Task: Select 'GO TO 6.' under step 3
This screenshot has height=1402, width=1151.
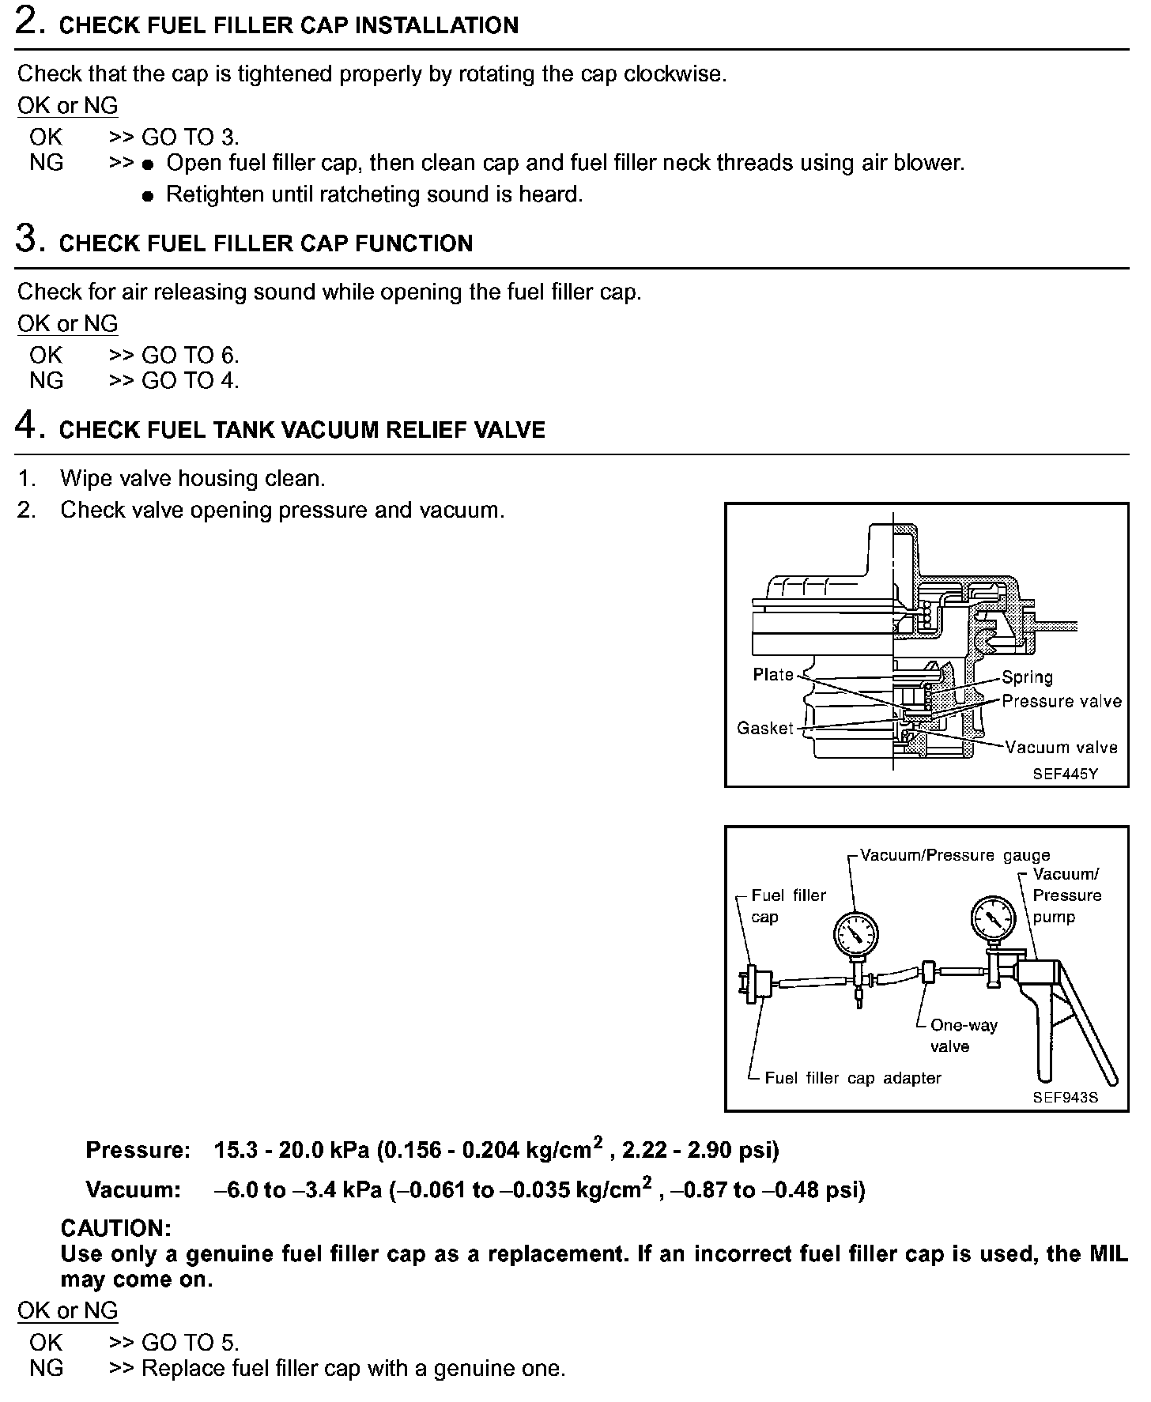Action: [x=190, y=355]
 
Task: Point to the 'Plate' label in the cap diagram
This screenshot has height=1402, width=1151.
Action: [x=773, y=674]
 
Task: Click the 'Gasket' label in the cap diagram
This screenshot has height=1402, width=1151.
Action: [x=764, y=728]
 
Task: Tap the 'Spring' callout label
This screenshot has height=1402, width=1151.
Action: [x=1028, y=677]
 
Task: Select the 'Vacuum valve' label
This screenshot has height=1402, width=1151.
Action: [x=1062, y=748]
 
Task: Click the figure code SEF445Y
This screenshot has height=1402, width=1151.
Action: [x=1065, y=774]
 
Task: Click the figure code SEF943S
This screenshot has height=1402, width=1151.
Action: [x=1065, y=1098]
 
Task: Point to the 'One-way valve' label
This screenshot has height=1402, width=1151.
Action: [x=963, y=1035]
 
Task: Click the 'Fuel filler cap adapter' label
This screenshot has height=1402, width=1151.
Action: [x=853, y=1078]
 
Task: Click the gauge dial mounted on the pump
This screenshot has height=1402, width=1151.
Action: [x=992, y=918]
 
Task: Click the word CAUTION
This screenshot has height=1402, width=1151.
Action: [x=115, y=1228]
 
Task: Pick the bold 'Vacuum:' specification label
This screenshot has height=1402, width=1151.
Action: [x=134, y=1189]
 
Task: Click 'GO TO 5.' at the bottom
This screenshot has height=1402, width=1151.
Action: [x=190, y=1342]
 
